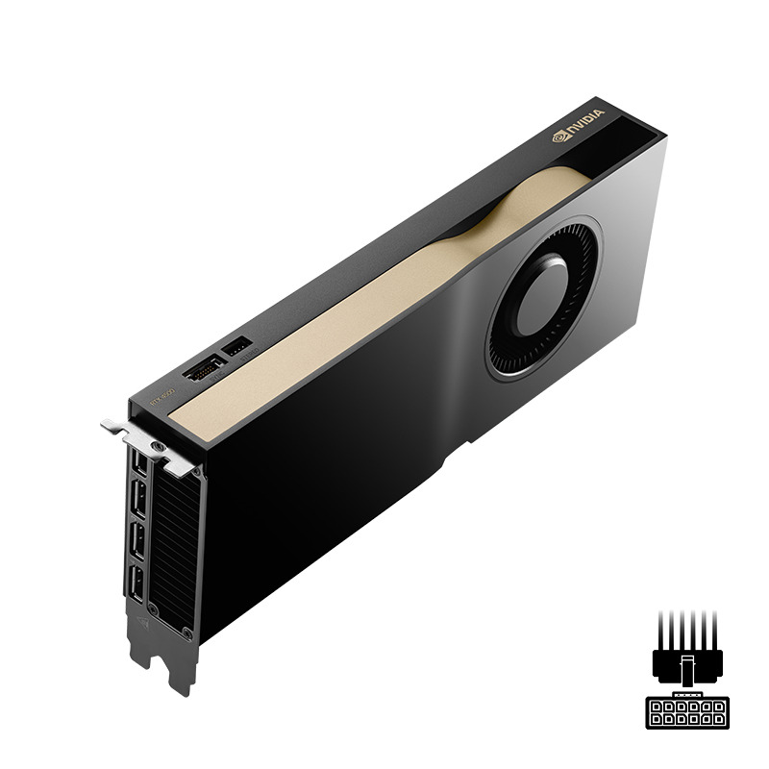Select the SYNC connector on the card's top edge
(204, 368)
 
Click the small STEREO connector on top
(236, 344)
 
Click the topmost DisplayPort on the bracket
(141, 462)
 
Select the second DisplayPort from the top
(137, 500)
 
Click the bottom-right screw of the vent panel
(186, 633)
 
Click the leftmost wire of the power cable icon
(663, 630)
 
